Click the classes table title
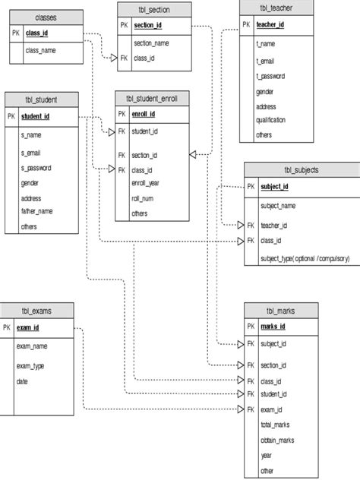coord(46,17)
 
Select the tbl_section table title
coord(155,9)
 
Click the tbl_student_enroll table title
coord(152,98)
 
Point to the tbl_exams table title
coord(37,311)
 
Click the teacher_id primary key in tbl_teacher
coord(270,25)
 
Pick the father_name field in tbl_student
coord(37,212)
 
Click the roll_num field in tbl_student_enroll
coord(144,199)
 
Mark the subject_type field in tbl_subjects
coord(305,258)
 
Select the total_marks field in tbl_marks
coord(275,425)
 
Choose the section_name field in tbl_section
coord(151,43)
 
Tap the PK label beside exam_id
coord(7,327)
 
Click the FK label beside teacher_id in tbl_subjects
coord(251,226)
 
